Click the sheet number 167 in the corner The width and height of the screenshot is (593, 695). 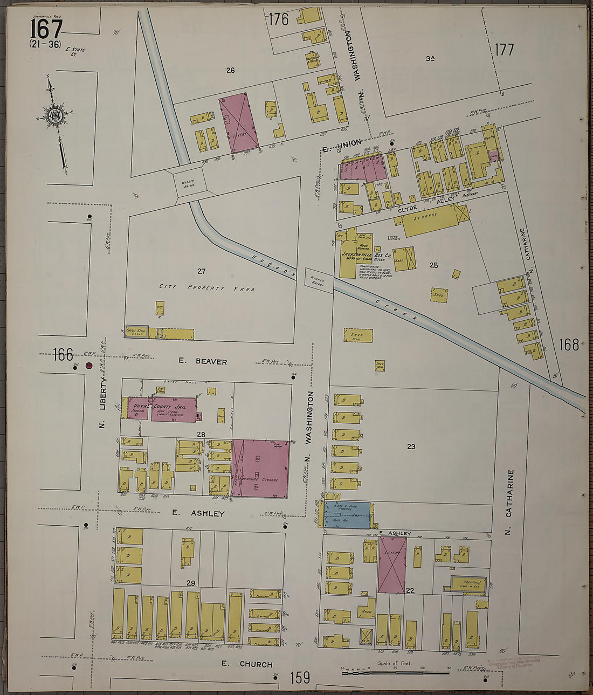click(46, 27)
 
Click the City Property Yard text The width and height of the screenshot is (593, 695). click(207, 288)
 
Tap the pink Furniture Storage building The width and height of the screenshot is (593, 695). click(260, 469)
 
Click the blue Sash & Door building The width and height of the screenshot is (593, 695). click(347, 515)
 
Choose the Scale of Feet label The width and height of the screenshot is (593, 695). click(394, 664)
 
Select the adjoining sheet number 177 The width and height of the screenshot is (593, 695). click(504, 50)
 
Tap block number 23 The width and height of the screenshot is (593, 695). click(411, 446)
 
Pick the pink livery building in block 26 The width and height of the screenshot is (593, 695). click(238, 122)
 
